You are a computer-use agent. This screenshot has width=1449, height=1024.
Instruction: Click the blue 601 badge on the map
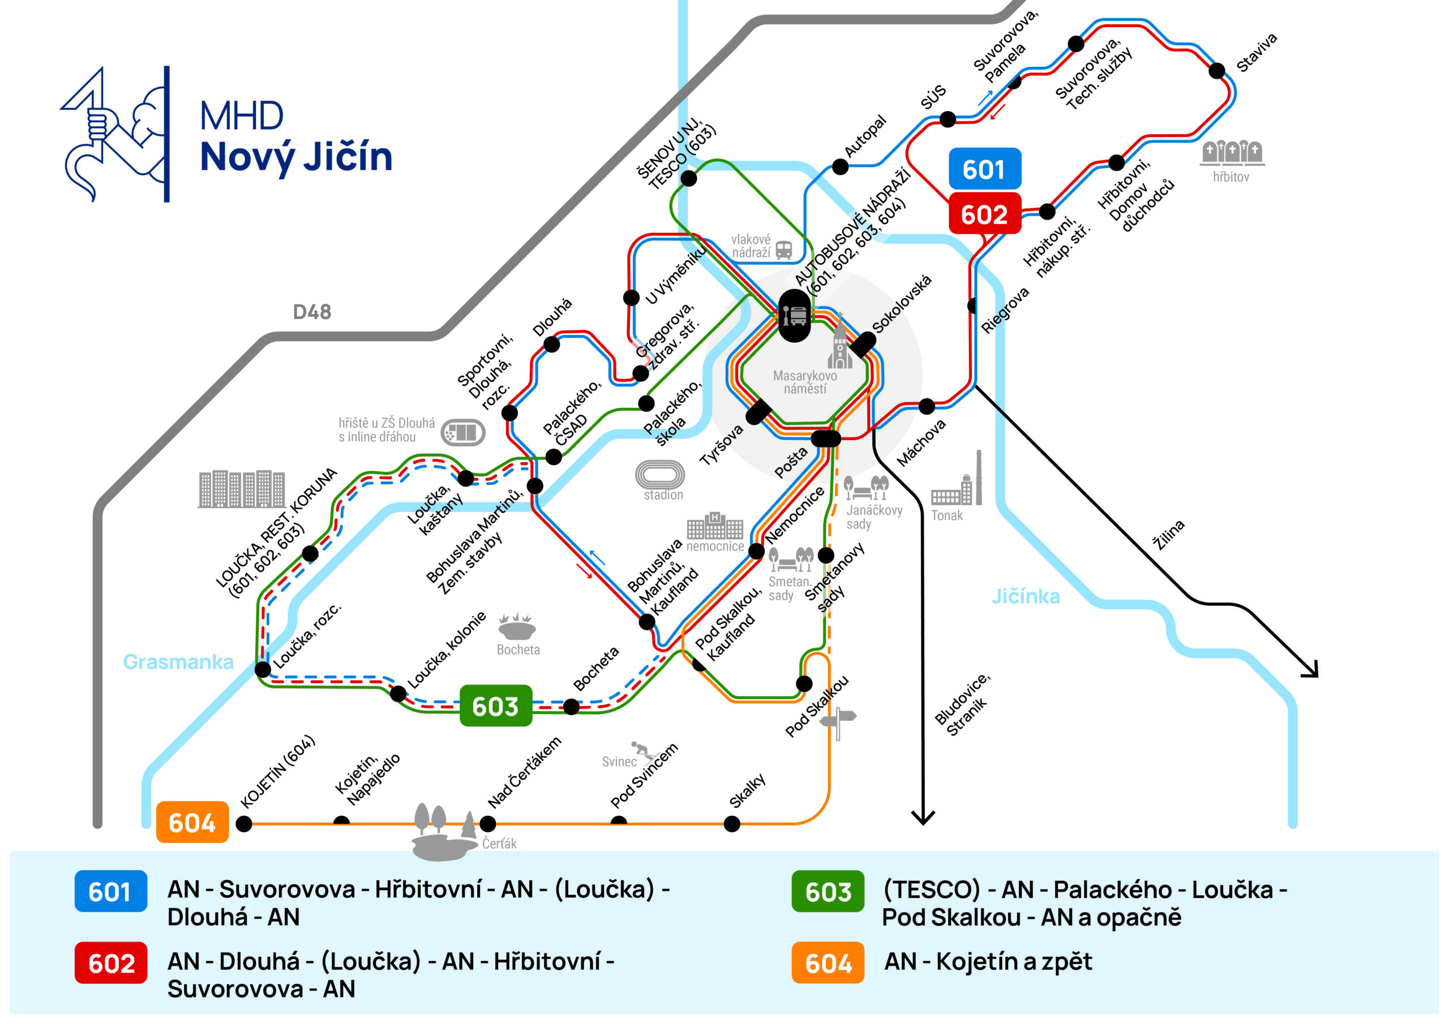(984, 169)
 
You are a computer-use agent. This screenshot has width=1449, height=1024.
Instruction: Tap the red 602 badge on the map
(984, 214)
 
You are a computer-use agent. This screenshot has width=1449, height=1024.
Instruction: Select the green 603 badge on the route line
(495, 706)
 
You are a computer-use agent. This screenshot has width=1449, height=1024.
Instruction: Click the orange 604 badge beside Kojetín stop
(192, 822)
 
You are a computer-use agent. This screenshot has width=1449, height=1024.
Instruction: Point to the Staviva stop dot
(1217, 71)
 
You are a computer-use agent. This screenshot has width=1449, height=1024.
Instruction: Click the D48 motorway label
(312, 312)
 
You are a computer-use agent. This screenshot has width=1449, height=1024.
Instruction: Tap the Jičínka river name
(1026, 596)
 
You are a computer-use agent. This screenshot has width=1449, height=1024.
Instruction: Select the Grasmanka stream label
(179, 662)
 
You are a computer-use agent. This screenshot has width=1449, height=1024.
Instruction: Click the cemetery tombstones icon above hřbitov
(1231, 152)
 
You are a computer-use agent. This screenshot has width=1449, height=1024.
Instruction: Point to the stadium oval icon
(659, 474)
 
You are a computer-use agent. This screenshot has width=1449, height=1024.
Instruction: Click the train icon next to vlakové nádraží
(784, 249)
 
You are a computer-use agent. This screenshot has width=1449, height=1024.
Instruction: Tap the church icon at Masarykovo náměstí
(839, 346)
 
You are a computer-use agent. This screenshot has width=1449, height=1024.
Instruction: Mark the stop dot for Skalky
(732, 823)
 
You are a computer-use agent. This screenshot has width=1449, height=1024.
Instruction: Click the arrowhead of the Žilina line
(1311, 670)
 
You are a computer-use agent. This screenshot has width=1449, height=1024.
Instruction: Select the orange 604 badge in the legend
(828, 963)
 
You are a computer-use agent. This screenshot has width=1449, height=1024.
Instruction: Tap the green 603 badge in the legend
(828, 891)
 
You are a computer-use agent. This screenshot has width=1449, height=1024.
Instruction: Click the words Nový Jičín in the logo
(296, 157)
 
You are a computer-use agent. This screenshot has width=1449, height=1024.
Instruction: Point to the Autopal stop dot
(840, 166)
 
